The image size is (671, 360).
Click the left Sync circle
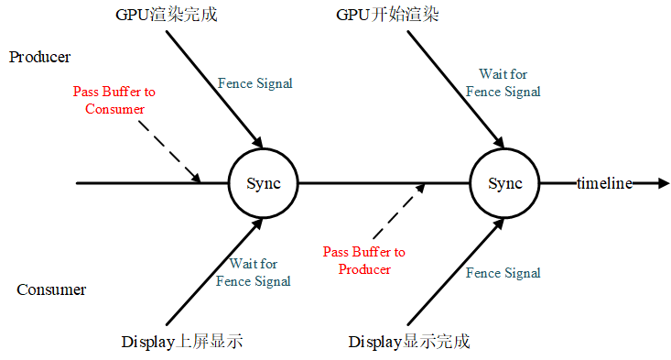[263, 183]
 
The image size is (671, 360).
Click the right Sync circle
[504, 183]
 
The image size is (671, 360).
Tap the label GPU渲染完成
[168, 16]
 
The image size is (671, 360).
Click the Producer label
[40, 57]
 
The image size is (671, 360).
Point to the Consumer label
[51, 290]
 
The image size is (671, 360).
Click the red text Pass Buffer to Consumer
[114, 100]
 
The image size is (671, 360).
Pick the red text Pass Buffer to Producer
[364, 260]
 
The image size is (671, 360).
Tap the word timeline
[604, 183]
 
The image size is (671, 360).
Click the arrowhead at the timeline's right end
[663, 183]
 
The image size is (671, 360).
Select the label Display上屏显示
[181, 342]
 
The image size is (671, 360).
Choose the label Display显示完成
[409, 342]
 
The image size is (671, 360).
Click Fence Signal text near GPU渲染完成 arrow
[255, 83]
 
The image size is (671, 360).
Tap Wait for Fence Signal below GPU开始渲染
[503, 82]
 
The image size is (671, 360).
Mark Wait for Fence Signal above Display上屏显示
[254, 273]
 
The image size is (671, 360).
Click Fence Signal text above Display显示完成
[503, 273]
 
